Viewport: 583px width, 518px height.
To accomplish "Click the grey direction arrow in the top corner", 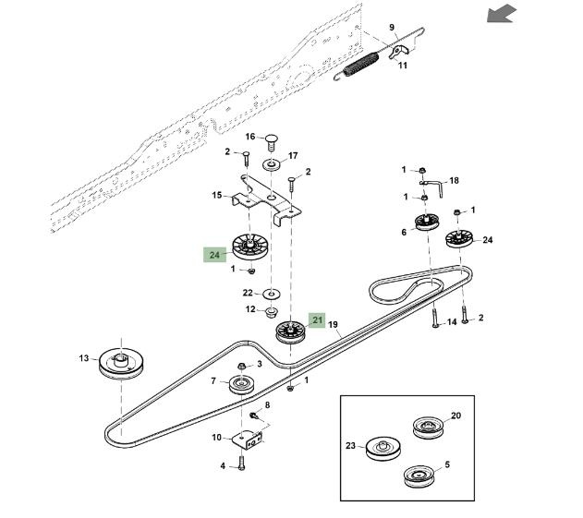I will (x=503, y=13).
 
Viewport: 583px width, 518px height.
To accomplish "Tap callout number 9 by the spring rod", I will (x=391, y=27).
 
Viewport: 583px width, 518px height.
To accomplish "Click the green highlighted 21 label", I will (x=317, y=320).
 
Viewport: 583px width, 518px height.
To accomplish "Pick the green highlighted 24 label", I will (x=214, y=254).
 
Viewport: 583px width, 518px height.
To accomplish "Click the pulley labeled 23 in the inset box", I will (x=381, y=450).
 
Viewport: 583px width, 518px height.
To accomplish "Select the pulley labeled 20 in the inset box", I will (x=427, y=427).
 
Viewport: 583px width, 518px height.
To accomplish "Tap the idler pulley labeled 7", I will (x=244, y=383).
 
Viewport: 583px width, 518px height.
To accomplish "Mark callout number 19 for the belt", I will (x=333, y=325).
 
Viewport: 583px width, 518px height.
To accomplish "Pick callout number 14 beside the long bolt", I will (x=452, y=322).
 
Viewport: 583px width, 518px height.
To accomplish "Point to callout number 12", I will (x=249, y=309).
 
